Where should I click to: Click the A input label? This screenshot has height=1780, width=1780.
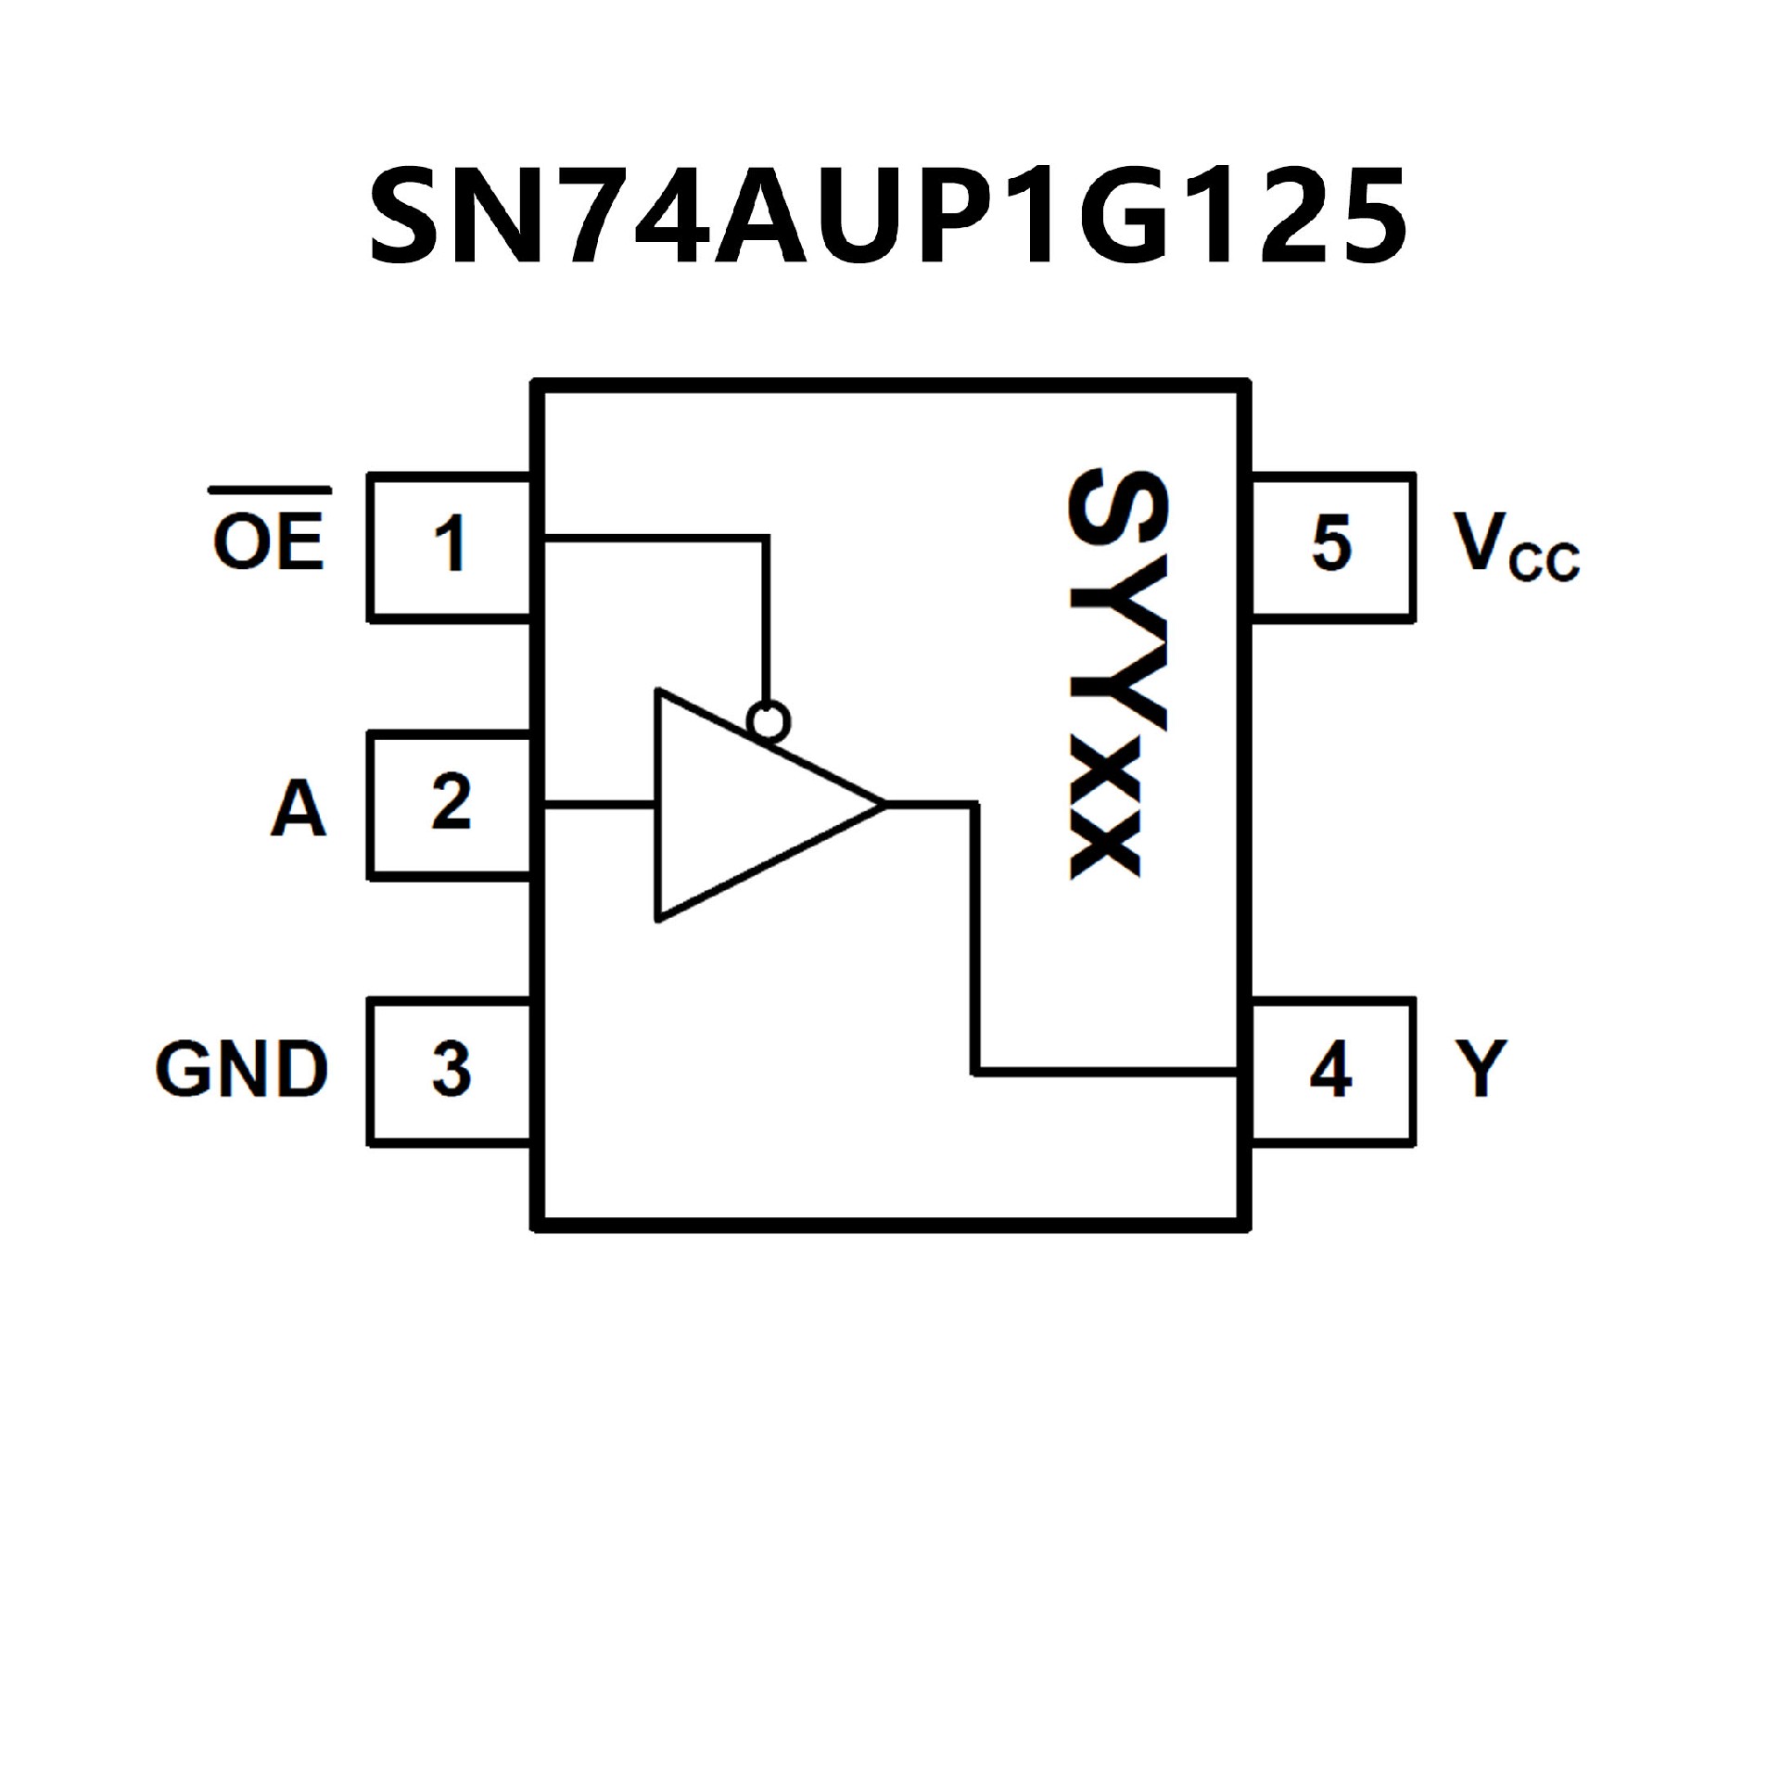pos(299,807)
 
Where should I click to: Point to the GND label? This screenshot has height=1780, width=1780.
pos(242,1069)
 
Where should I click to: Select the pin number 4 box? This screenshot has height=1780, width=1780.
pos(1332,1071)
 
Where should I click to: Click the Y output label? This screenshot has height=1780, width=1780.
pos(1481,1068)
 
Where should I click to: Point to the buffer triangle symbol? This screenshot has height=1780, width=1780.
pos(742,805)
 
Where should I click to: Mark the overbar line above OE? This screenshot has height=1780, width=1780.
pos(269,489)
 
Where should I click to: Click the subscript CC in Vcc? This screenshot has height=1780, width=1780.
pos(1544,563)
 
